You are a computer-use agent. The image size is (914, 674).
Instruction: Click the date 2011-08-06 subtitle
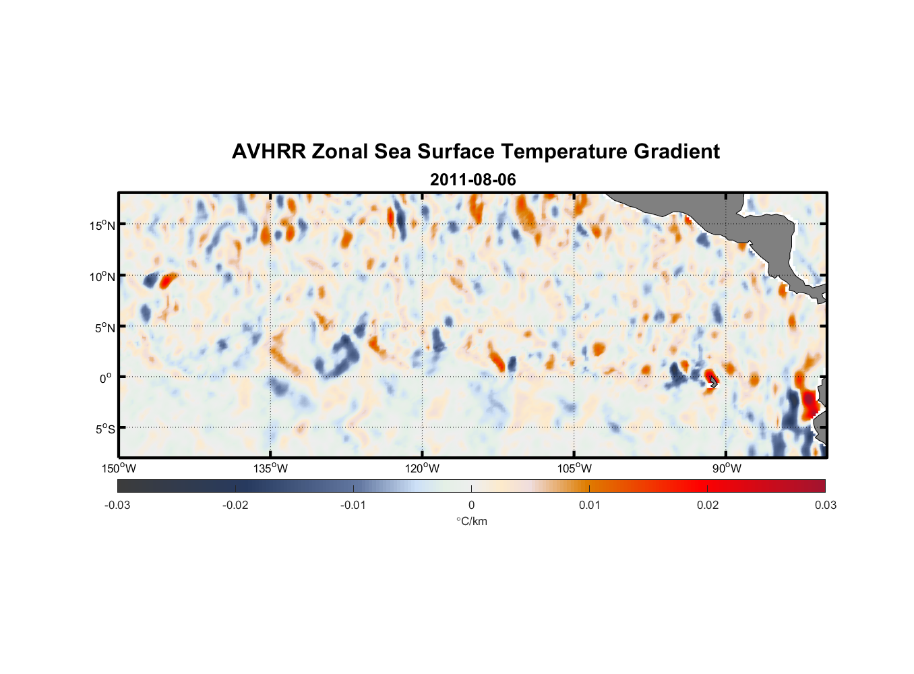click(473, 180)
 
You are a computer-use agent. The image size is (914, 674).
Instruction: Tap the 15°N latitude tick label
click(102, 225)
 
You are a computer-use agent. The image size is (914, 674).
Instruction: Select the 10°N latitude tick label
click(102, 276)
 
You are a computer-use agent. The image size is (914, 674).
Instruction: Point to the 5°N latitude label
click(104, 328)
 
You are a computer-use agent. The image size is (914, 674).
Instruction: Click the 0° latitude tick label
click(106, 378)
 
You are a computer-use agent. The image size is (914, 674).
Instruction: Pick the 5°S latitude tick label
click(104, 429)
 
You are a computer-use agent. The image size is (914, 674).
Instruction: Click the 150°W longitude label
click(119, 468)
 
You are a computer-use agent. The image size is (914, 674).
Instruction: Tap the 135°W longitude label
click(270, 468)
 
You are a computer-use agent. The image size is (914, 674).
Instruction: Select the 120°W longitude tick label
click(422, 468)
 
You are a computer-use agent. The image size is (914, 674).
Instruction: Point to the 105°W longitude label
click(574, 468)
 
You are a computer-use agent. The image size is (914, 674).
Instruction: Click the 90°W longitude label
click(726, 468)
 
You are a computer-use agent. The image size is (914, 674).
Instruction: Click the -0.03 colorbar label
click(117, 506)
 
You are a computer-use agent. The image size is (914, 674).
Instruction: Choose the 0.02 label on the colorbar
click(707, 506)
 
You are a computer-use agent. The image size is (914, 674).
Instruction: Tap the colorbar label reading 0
click(471, 506)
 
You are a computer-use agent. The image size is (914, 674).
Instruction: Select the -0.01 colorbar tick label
click(353, 506)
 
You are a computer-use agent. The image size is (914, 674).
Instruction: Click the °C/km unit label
click(471, 521)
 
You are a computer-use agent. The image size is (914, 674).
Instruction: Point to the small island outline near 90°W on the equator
click(713, 382)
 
